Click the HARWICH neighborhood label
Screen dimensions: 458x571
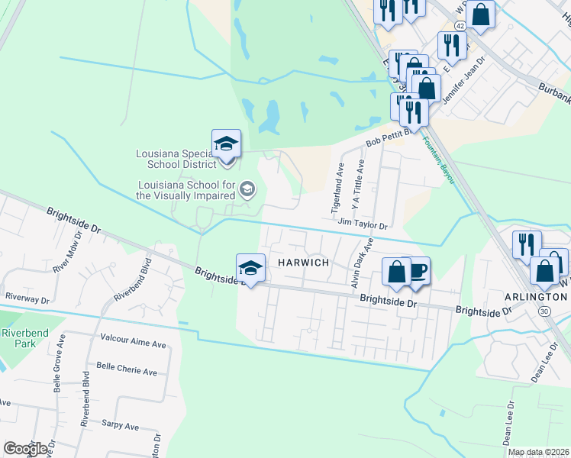point(303,263)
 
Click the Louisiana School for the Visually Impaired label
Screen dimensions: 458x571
point(185,190)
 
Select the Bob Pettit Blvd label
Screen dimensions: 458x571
point(389,137)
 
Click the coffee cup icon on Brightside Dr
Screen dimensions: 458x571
point(418,271)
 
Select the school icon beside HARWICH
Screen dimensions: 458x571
point(250,268)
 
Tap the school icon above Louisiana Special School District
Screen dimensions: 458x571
point(226,144)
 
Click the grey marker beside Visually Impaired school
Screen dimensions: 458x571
point(247,189)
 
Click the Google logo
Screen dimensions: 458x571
point(25,449)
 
